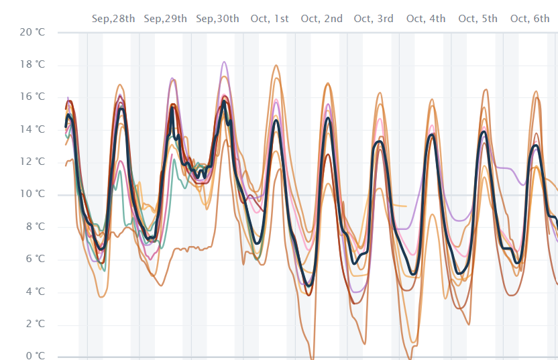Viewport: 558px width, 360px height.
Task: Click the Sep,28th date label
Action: pyautogui.click(x=113, y=19)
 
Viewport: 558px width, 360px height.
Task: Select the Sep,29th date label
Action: pyautogui.click(x=165, y=19)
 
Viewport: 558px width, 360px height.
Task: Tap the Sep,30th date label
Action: pyautogui.click(x=217, y=19)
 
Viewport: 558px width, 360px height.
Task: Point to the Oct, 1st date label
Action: pyautogui.click(x=270, y=19)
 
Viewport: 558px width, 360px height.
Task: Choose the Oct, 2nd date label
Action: pyautogui.click(x=322, y=19)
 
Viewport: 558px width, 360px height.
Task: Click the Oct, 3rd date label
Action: pyautogui.click(x=374, y=19)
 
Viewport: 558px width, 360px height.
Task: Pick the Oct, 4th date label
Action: pyautogui.click(x=426, y=19)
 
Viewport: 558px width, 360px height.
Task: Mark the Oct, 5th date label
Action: pyautogui.click(x=478, y=19)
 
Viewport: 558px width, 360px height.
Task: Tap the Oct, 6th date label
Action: pyautogui.click(x=530, y=19)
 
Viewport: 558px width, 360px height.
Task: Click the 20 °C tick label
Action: pyautogui.click(x=32, y=32)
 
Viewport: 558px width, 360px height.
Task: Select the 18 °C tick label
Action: pyautogui.click(x=32, y=64)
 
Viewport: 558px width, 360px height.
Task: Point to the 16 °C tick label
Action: pyautogui.click(x=32, y=97)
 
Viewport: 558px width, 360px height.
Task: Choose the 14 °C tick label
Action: pyautogui.click(x=32, y=129)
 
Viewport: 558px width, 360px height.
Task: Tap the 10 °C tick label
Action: pyautogui.click(x=32, y=194)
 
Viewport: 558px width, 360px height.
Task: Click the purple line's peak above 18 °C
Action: pyautogui.click(x=224, y=62)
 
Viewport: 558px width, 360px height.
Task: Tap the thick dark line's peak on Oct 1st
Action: pyautogui.click(x=276, y=121)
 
